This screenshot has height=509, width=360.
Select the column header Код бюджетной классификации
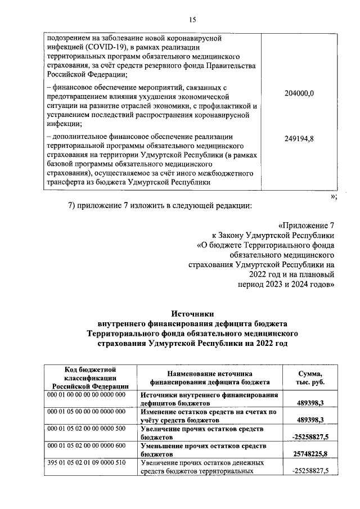[90, 377]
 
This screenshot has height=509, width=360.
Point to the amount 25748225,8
[310, 453]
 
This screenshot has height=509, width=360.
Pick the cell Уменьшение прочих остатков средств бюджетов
[209, 449]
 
